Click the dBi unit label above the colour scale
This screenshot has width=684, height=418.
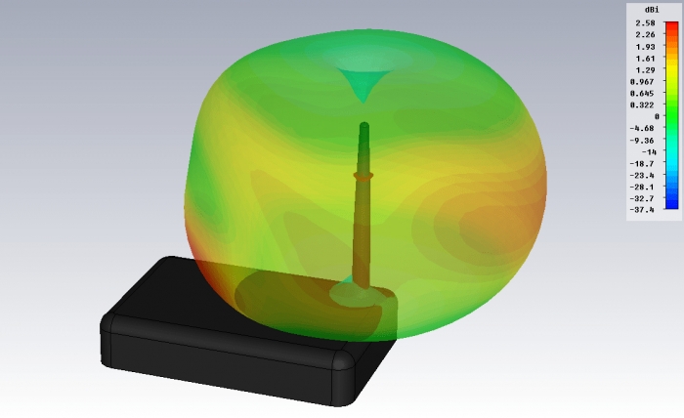pos(652,10)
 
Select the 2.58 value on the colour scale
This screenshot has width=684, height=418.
pos(645,23)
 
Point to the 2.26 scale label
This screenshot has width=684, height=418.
pos(645,35)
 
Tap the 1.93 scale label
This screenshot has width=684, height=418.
pos(645,47)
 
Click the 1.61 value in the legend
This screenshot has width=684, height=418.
pos(645,59)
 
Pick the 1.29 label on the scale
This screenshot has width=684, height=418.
pos(645,70)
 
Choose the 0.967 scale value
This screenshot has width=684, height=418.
pos(643,82)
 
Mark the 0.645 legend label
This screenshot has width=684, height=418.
pos(643,94)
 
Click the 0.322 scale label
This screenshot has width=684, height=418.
pos(643,105)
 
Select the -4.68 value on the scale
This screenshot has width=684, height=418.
pos(642,128)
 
